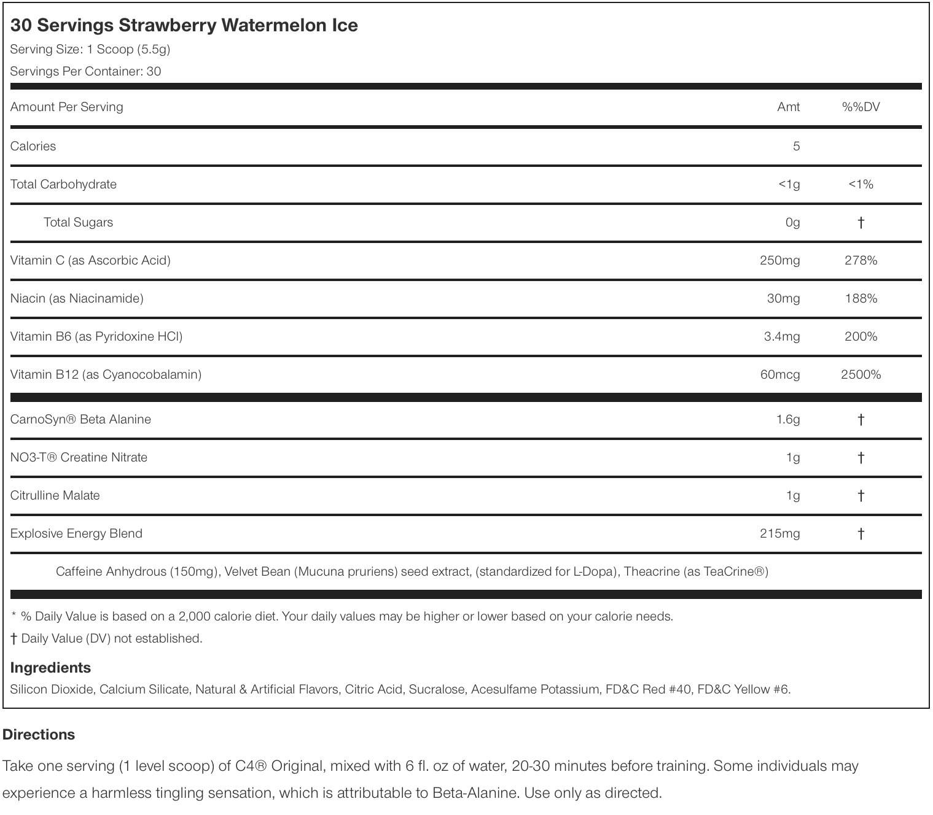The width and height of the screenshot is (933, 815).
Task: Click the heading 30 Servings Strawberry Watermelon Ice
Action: pyautogui.click(x=184, y=25)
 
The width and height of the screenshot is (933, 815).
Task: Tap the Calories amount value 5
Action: pyautogui.click(x=796, y=146)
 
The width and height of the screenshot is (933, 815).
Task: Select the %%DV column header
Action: pyautogui.click(x=861, y=107)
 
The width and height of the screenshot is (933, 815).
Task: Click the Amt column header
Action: pyautogui.click(x=788, y=107)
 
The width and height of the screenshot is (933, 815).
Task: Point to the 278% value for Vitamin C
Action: pyautogui.click(x=861, y=260)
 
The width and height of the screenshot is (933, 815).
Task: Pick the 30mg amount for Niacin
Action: pyautogui.click(x=783, y=298)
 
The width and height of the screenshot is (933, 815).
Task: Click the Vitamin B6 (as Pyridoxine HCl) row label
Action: pyautogui.click(x=96, y=336)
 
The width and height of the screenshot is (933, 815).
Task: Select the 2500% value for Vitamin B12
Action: pyautogui.click(x=861, y=374)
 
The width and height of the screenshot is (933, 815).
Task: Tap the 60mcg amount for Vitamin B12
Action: pyautogui.click(x=779, y=374)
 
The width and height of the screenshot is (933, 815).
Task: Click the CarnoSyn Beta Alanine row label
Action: pyautogui.click(x=80, y=419)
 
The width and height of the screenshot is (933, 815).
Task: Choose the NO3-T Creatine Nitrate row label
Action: pyautogui.click(x=79, y=457)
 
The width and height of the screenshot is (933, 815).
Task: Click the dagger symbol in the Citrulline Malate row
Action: pyautogui.click(x=861, y=495)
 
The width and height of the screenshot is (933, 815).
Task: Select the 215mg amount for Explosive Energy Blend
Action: pyautogui.click(x=779, y=533)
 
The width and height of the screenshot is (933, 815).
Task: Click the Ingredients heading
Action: pyautogui.click(x=50, y=668)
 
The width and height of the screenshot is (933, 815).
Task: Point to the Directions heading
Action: pyautogui.click(x=39, y=735)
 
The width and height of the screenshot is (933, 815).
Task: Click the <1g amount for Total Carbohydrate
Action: pyautogui.click(x=789, y=184)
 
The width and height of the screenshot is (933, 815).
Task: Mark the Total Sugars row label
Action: pyautogui.click(x=78, y=222)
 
